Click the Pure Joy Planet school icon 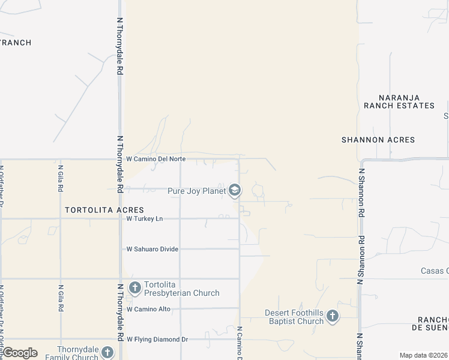click(x=235, y=191)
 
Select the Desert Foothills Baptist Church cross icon click(x=333, y=316)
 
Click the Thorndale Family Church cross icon click(x=107, y=352)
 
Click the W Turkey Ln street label click(x=145, y=219)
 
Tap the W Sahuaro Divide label click(x=152, y=249)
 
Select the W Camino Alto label click(x=148, y=309)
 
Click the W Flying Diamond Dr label click(x=157, y=339)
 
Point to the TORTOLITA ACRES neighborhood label click(x=104, y=210)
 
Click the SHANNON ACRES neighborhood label click(x=378, y=140)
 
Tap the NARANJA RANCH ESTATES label click(x=399, y=101)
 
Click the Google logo click(x=20, y=353)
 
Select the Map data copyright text click(x=423, y=355)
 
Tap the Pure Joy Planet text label click(x=196, y=191)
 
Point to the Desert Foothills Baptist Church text click(x=294, y=317)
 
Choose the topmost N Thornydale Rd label click(x=120, y=46)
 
